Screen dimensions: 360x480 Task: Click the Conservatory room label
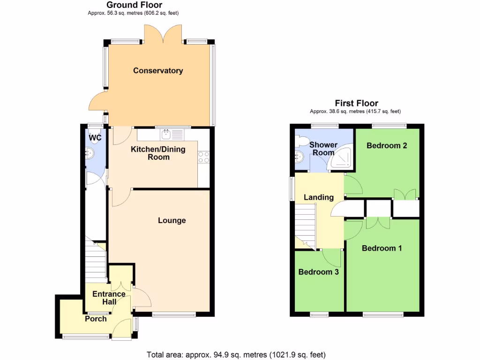[x=158, y=71]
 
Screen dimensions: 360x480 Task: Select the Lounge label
[x=172, y=220]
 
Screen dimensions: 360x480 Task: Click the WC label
[x=95, y=138]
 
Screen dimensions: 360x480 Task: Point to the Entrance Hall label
[x=109, y=298]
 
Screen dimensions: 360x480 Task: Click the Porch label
[x=96, y=319]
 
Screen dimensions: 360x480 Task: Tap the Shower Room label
[x=323, y=149]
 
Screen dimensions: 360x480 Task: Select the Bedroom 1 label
[x=382, y=248]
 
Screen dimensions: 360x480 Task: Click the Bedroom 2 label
[x=386, y=145]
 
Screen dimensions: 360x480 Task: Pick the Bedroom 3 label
[x=318, y=272]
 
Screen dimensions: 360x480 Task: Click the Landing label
[x=318, y=197]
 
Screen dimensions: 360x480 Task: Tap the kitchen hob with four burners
[x=203, y=157]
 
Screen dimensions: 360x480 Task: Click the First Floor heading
[x=356, y=103]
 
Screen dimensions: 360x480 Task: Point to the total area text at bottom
[x=236, y=354]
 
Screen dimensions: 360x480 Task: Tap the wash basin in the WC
[x=89, y=152]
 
